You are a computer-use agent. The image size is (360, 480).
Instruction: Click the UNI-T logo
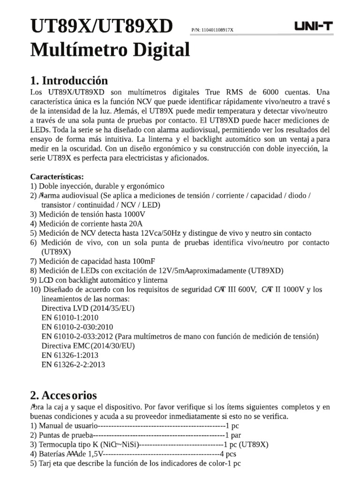313,27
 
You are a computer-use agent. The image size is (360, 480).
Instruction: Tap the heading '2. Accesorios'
63,395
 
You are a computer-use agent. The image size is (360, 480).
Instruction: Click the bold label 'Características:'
57,177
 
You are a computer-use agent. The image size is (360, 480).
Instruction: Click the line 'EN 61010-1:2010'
71,317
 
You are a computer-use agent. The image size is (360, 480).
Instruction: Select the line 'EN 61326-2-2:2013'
73,364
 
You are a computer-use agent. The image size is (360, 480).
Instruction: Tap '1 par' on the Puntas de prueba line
234,435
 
